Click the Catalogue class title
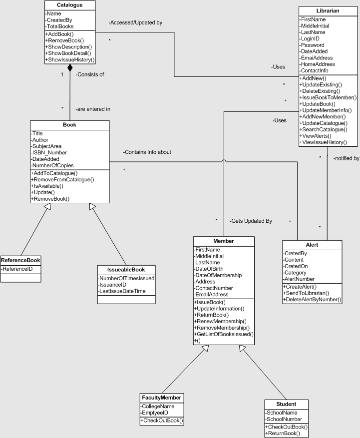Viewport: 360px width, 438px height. pyautogui.click(x=70, y=5)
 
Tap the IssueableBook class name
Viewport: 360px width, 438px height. pyautogui.click(x=125, y=269)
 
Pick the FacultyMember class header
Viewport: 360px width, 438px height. pyautogui.click(x=162, y=398)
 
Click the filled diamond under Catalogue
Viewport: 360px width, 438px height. pyautogui.click(x=70, y=68)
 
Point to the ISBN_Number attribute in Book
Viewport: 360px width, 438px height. pyautogui.click(x=49, y=152)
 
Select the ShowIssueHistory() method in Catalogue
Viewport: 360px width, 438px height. pyautogui.click(x=69, y=59)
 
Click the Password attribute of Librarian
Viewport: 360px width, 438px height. pyautogui.click(x=313, y=45)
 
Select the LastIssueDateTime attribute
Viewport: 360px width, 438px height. pyautogui.click(x=122, y=291)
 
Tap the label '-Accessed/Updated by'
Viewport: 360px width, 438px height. pyautogui.click(x=135, y=23)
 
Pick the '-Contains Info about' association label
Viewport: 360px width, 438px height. pyautogui.click(x=147, y=152)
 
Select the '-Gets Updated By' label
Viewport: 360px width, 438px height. pyautogui.click(x=251, y=220)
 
